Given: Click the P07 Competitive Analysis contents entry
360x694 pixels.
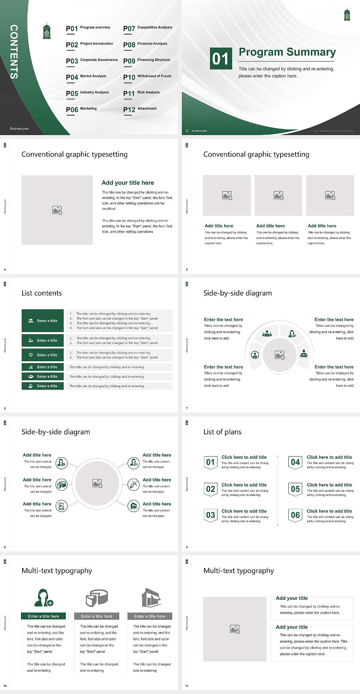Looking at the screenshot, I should coord(148,28).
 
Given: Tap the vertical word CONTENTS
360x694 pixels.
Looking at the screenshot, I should coord(13,52).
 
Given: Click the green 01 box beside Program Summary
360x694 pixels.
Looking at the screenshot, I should coord(220,59).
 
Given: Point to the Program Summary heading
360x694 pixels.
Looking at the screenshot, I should coord(287,52).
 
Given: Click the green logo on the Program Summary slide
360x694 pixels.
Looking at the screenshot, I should coord(347,15).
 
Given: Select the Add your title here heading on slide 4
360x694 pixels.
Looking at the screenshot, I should coord(127,183).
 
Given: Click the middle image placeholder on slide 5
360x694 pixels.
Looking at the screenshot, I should coord(278,195).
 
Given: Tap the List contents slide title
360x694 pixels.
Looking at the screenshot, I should coord(42,293).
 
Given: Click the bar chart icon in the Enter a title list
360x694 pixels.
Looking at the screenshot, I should coord(31,367).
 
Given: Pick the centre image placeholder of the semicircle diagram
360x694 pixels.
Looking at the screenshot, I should coord(279,355).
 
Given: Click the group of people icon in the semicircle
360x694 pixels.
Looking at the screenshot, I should coord(267,333).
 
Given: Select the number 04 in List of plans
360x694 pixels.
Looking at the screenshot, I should coord(295,462).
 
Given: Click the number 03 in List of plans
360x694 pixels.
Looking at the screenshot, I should coord(210,515).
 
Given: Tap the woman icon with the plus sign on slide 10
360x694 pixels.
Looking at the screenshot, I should coord(43,598).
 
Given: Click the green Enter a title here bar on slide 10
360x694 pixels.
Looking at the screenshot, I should coord(43,616).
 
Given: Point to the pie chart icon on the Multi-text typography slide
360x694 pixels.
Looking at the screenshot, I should coord(97,598).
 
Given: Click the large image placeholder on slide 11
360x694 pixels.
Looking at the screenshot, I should coord(235,629).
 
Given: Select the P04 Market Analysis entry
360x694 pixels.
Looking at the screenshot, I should coord(86,77).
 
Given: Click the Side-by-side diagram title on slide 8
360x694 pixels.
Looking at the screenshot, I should coord(56,432).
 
